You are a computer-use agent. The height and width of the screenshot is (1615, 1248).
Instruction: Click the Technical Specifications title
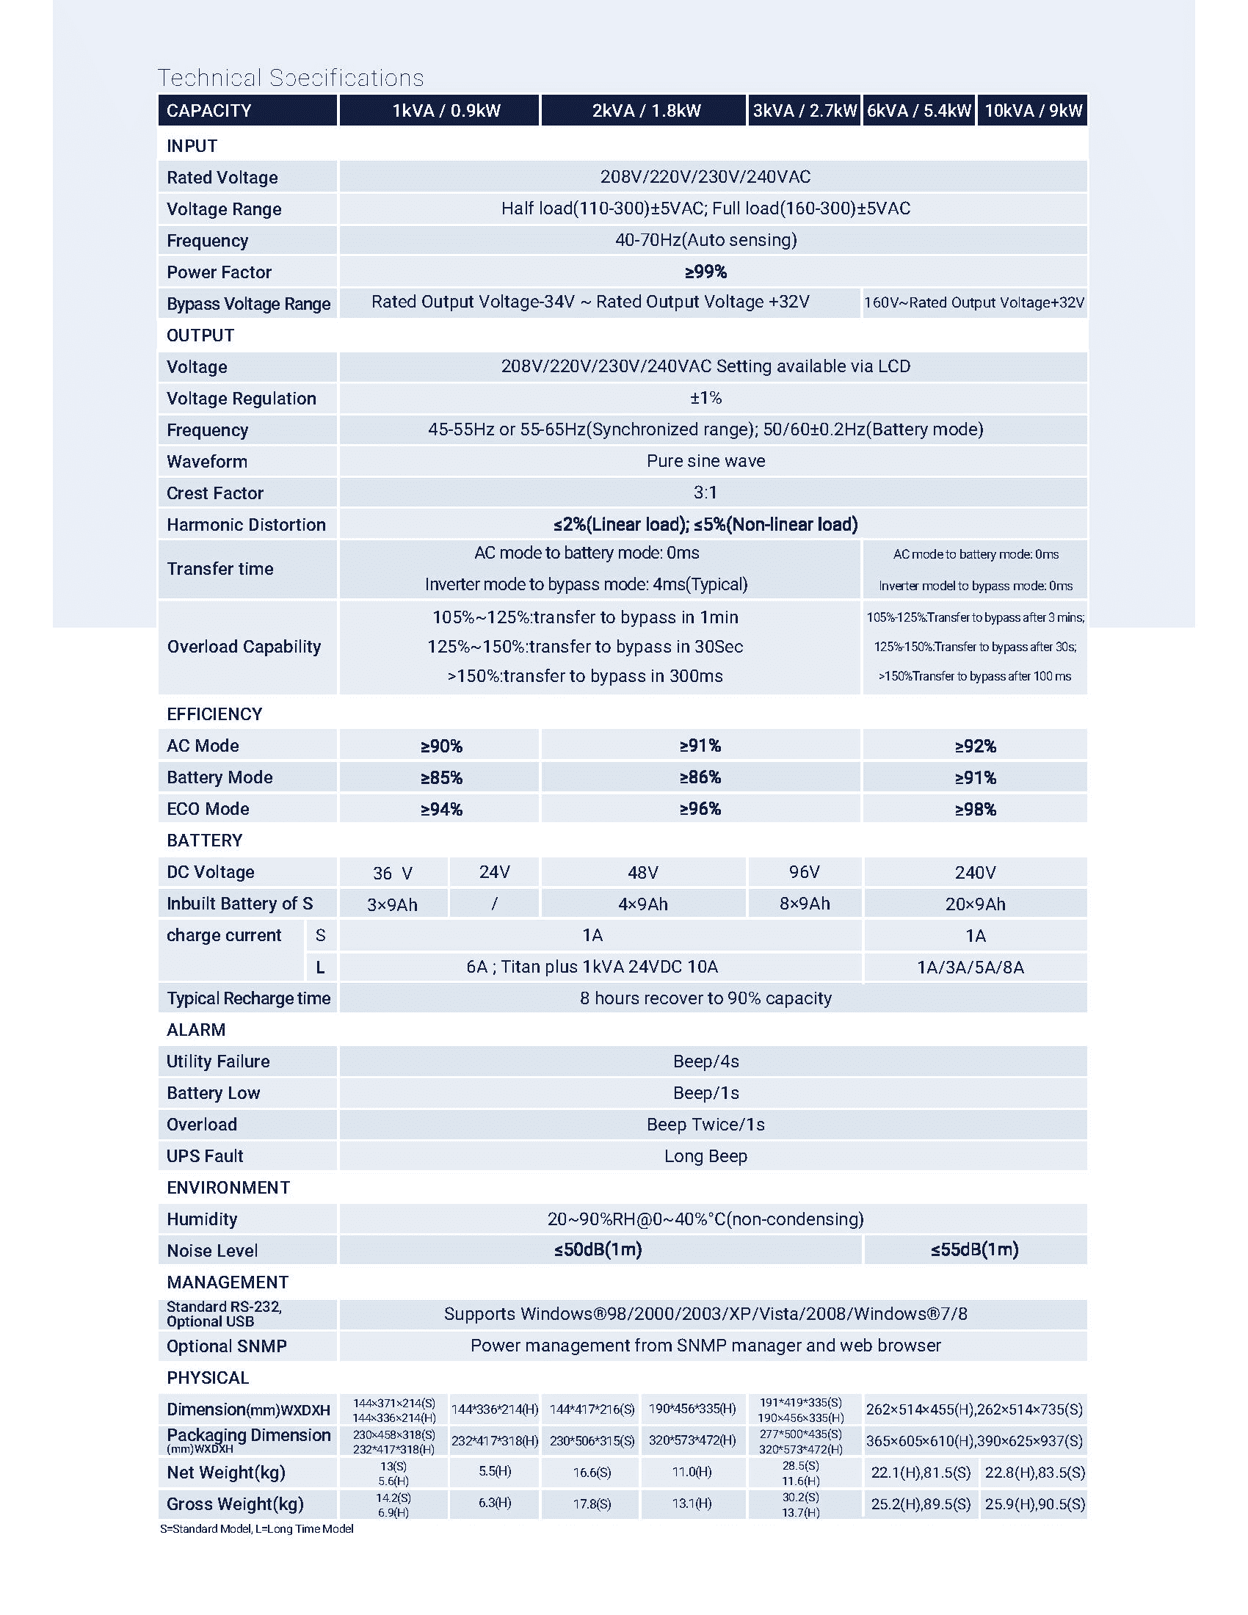291,78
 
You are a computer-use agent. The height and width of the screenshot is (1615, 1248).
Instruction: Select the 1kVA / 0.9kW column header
446,110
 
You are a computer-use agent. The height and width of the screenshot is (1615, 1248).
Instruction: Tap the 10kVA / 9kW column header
1033,110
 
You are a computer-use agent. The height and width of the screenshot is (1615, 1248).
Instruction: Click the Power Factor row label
219,272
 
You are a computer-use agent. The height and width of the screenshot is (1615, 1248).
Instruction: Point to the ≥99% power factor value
705,272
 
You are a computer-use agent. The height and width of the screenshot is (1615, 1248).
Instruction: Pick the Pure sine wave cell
705,462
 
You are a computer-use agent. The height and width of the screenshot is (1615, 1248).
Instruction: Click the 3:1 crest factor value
705,493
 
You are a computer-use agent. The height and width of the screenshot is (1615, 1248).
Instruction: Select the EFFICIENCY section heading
214,714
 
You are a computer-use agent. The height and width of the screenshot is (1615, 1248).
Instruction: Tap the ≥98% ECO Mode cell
974,809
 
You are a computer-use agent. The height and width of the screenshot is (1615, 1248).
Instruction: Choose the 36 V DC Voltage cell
393,874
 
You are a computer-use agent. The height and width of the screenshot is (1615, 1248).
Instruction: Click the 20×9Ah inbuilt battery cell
974,904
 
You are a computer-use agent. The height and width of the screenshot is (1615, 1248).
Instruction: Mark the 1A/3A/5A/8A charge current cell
970,968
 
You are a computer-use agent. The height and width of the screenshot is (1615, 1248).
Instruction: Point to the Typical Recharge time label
248,998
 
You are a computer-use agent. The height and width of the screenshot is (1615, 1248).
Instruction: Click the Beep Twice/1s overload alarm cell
705,1125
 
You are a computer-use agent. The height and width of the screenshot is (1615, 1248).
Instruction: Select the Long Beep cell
705,1155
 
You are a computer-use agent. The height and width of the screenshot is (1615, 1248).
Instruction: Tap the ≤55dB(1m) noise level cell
974,1249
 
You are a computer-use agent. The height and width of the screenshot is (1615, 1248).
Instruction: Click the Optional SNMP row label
226,1346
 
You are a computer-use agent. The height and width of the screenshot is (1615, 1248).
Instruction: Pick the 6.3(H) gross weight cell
495,1503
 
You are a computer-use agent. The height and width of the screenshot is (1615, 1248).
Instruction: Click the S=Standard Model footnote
256,1528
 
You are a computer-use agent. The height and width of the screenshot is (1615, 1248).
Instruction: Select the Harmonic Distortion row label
245,524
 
